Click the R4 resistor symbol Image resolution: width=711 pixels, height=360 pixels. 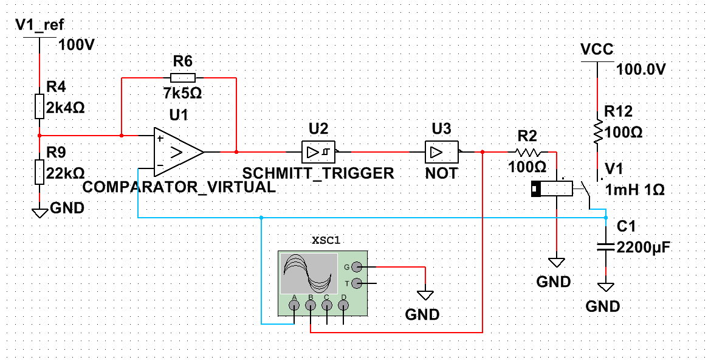39,106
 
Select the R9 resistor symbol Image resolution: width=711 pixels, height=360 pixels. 39,172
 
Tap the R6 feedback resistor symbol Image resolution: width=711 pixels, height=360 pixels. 182,77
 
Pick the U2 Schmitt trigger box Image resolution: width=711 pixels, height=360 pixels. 318,151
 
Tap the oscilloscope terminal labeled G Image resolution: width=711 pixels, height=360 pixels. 357,266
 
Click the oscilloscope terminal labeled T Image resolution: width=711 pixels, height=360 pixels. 357,283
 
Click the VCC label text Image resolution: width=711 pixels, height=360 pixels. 597,49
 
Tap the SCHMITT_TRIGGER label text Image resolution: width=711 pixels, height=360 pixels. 318,173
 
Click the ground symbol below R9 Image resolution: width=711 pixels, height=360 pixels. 39,212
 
